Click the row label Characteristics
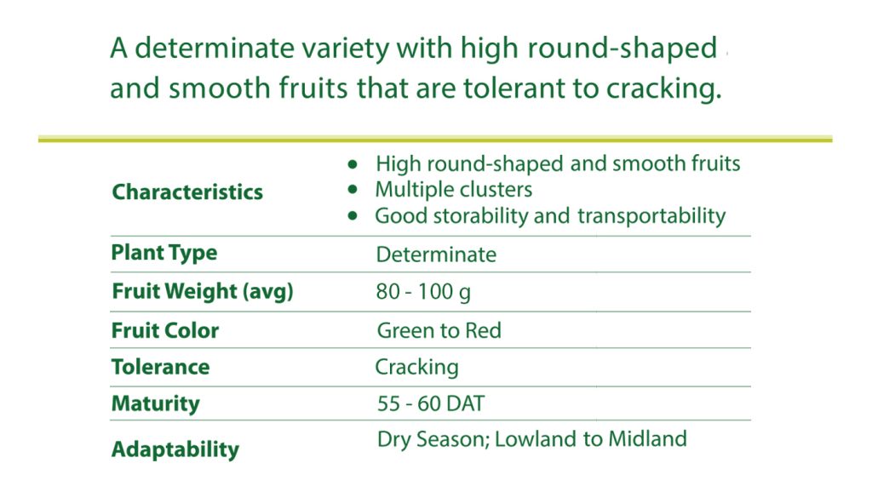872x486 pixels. tap(187, 192)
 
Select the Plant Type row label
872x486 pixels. tap(164, 253)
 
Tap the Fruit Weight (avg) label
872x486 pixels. tap(203, 291)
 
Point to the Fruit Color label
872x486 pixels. tap(165, 330)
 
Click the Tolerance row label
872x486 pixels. tap(161, 367)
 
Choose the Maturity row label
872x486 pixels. tap(155, 403)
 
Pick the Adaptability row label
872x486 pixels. tap(175, 449)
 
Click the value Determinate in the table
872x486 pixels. tap(436, 254)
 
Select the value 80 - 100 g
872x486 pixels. tap(423, 292)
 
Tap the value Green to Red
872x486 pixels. tap(439, 330)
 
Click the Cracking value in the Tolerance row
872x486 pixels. tap(416, 367)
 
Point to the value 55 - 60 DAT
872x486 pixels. tap(431, 403)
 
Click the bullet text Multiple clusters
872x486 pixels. tap(454, 190)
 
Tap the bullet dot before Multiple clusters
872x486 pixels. tap(353, 190)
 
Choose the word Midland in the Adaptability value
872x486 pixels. tap(647, 438)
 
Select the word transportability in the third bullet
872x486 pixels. tap(651, 215)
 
